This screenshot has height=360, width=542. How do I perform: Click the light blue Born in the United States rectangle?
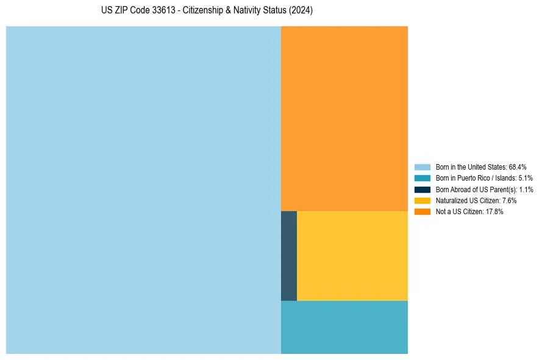click(x=143, y=190)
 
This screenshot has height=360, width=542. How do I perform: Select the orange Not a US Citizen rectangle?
click(x=344, y=118)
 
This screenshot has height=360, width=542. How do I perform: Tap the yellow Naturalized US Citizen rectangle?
click(x=352, y=256)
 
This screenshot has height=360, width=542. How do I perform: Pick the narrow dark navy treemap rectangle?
click(x=289, y=256)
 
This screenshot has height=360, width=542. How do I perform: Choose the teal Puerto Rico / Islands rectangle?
click(x=344, y=327)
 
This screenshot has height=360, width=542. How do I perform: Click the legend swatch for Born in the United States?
click(x=422, y=167)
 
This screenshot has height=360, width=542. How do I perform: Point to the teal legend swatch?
click(x=422, y=178)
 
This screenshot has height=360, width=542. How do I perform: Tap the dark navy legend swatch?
click(x=422, y=189)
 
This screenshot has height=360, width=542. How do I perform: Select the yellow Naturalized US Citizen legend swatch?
click(x=422, y=200)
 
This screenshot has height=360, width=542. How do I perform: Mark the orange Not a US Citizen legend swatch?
click(x=422, y=212)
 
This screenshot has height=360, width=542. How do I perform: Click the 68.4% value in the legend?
click(x=518, y=167)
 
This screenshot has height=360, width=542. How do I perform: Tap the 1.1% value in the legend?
click(x=526, y=189)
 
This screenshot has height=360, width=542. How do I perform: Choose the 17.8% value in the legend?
click(x=494, y=212)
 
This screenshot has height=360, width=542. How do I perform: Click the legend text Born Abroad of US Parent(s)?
click(x=472, y=189)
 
